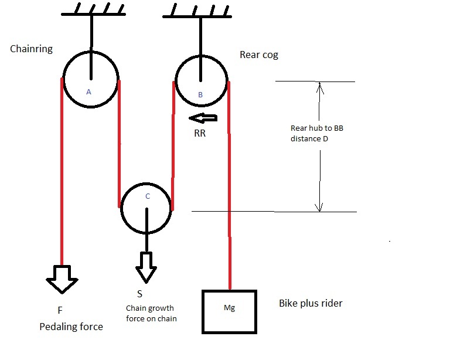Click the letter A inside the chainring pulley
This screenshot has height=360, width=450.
[x=88, y=91]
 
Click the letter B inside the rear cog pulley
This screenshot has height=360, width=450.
[x=200, y=94]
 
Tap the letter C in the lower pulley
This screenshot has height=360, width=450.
[x=147, y=196]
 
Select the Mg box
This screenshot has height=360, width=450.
[x=229, y=311]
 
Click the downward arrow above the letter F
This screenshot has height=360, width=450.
[x=62, y=278]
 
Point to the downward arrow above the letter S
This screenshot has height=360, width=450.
[x=145, y=267]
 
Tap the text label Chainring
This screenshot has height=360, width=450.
[x=31, y=49]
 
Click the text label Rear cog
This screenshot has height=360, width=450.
[x=259, y=55]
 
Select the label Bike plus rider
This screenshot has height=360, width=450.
[x=311, y=304]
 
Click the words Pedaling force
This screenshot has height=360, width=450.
[x=71, y=327]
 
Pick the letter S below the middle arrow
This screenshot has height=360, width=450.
[x=139, y=293]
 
